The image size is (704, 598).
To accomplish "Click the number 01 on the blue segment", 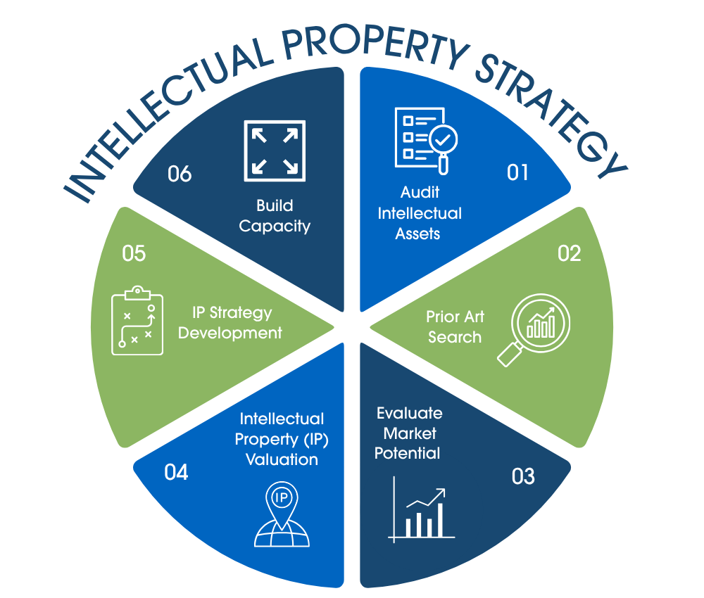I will point(517,172).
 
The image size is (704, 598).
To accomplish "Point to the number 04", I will point(176,472).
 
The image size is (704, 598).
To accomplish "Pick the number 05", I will point(134,253).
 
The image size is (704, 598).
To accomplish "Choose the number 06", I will point(180,173).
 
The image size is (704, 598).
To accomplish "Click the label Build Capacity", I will point(274,216).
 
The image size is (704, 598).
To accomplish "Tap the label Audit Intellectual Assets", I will point(420,213).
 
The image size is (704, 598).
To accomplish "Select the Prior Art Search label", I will point(455,326).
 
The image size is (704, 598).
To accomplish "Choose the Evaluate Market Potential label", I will point(408,433).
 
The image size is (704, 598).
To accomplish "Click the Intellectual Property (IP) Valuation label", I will point(282,439).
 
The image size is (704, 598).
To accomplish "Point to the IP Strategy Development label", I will point(231,322).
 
